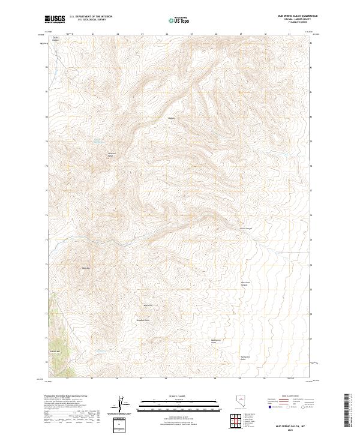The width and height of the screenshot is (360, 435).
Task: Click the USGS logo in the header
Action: point(55,20)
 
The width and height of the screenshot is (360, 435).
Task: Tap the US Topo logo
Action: point(180,20)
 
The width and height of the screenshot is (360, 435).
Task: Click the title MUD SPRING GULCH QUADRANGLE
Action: point(298,16)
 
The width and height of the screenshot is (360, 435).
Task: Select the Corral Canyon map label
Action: point(247,228)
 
